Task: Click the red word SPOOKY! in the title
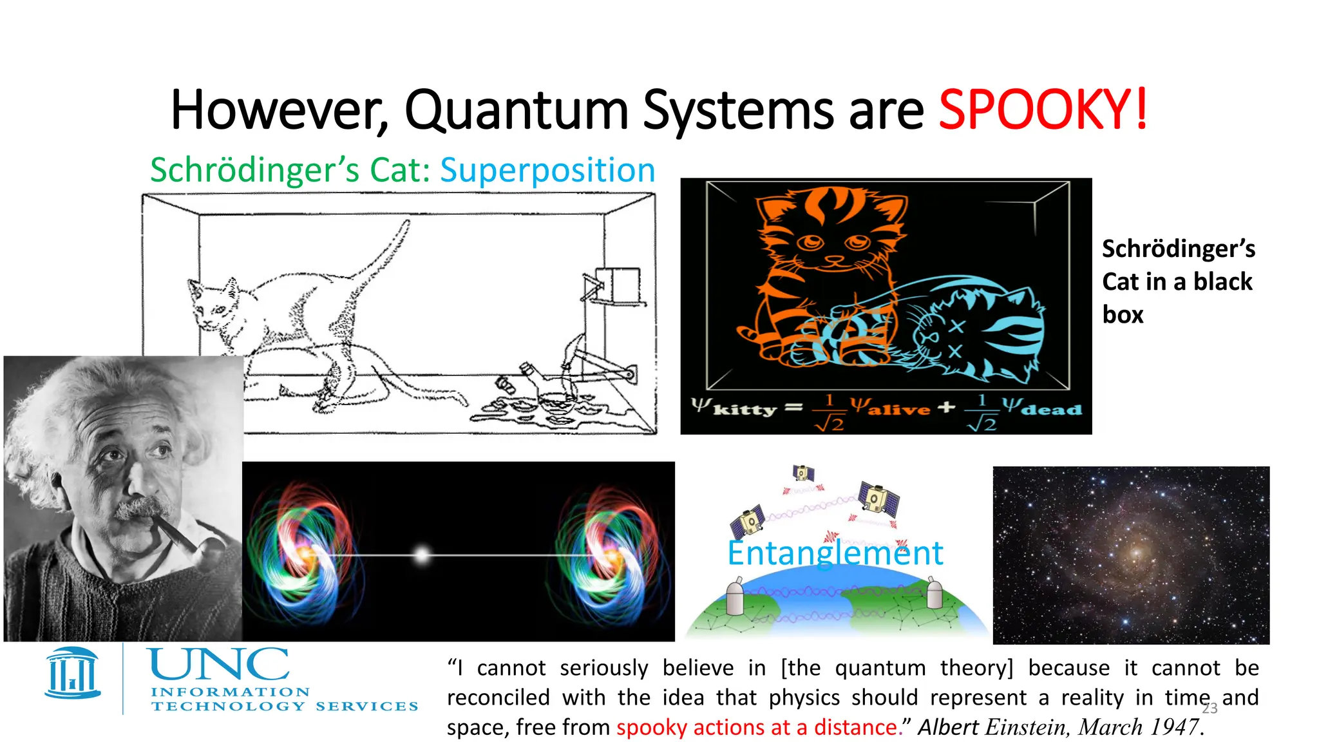click(1042, 110)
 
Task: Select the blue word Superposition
click(547, 171)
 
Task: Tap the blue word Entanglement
click(835, 553)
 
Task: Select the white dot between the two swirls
click(422, 555)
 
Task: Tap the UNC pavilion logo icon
click(73, 674)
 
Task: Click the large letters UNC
click(219, 665)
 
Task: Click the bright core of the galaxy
click(1135, 553)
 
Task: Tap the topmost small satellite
click(802, 473)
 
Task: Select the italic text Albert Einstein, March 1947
click(1059, 727)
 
